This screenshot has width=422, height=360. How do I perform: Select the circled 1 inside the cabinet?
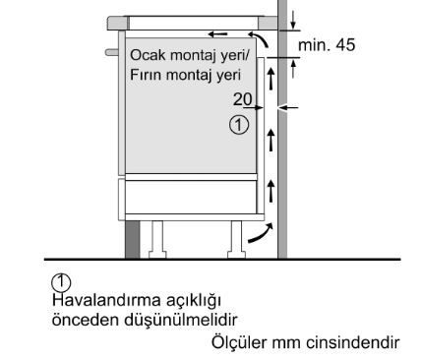point(238,124)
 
